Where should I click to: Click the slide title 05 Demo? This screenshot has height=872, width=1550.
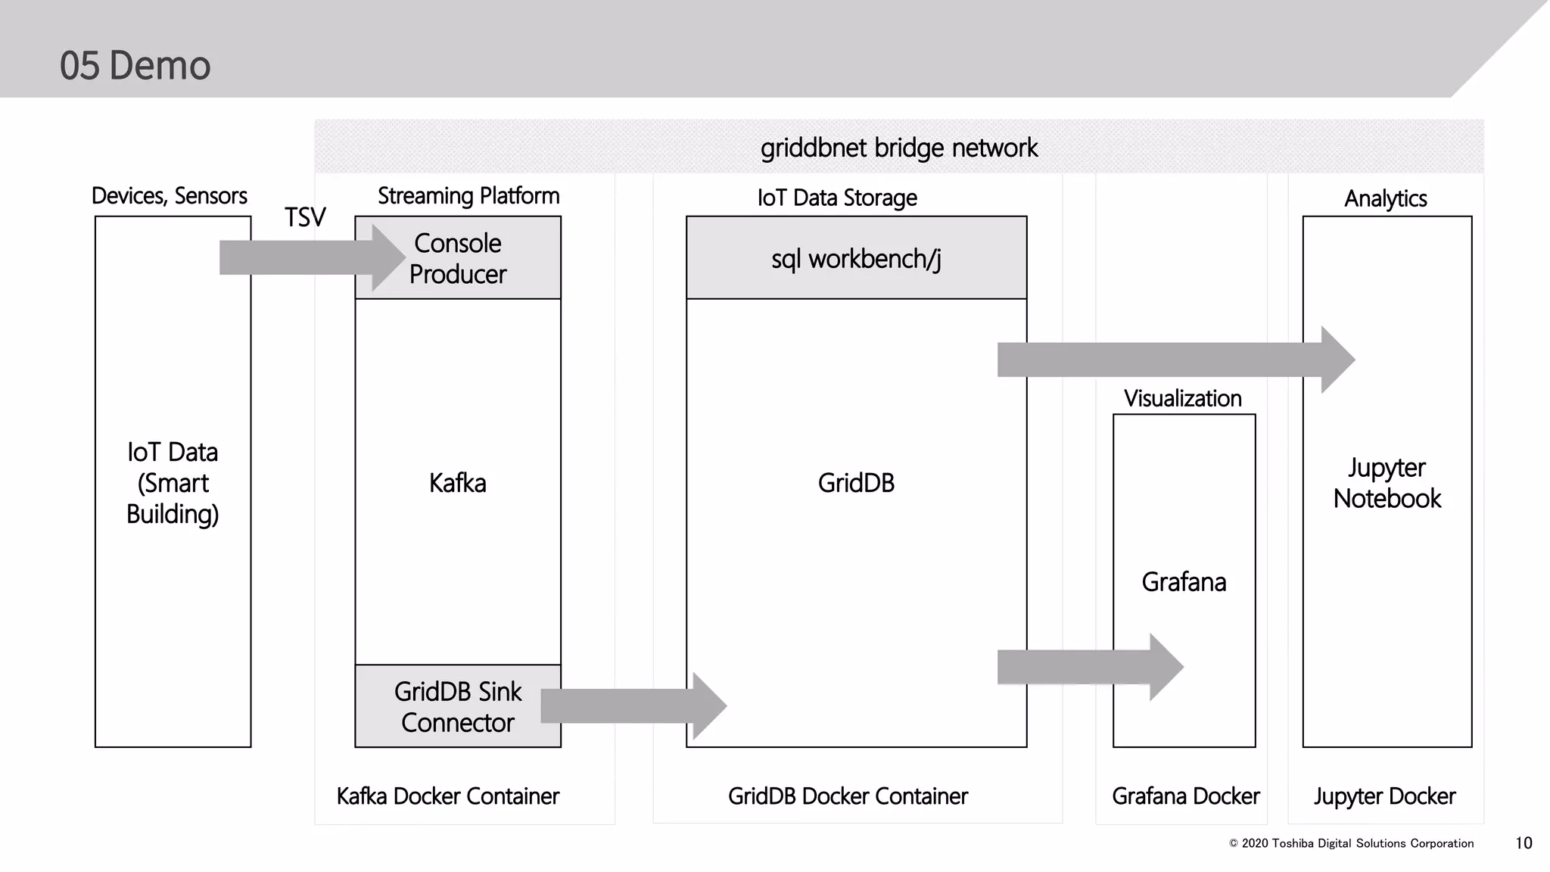(x=135, y=65)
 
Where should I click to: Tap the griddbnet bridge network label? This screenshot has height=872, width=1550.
(x=898, y=148)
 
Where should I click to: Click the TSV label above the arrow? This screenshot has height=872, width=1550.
(x=305, y=217)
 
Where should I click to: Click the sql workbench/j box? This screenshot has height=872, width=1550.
(x=856, y=259)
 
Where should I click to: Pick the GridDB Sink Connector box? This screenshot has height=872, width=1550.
(x=457, y=707)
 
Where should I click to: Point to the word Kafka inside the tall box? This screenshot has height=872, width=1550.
(x=457, y=483)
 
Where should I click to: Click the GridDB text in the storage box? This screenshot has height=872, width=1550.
(x=856, y=483)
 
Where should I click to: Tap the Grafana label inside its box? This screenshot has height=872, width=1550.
(x=1184, y=582)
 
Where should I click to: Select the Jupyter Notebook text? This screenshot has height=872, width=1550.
(x=1387, y=483)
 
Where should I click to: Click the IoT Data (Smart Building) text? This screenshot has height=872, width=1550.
(x=173, y=483)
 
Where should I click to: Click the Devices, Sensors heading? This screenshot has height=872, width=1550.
(x=169, y=196)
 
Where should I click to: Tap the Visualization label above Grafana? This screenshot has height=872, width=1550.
(x=1182, y=398)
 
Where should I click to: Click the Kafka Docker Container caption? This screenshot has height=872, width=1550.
(x=447, y=796)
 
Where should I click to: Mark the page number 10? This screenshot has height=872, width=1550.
(x=1524, y=843)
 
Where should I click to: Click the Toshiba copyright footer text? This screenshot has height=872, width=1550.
(x=1351, y=843)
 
